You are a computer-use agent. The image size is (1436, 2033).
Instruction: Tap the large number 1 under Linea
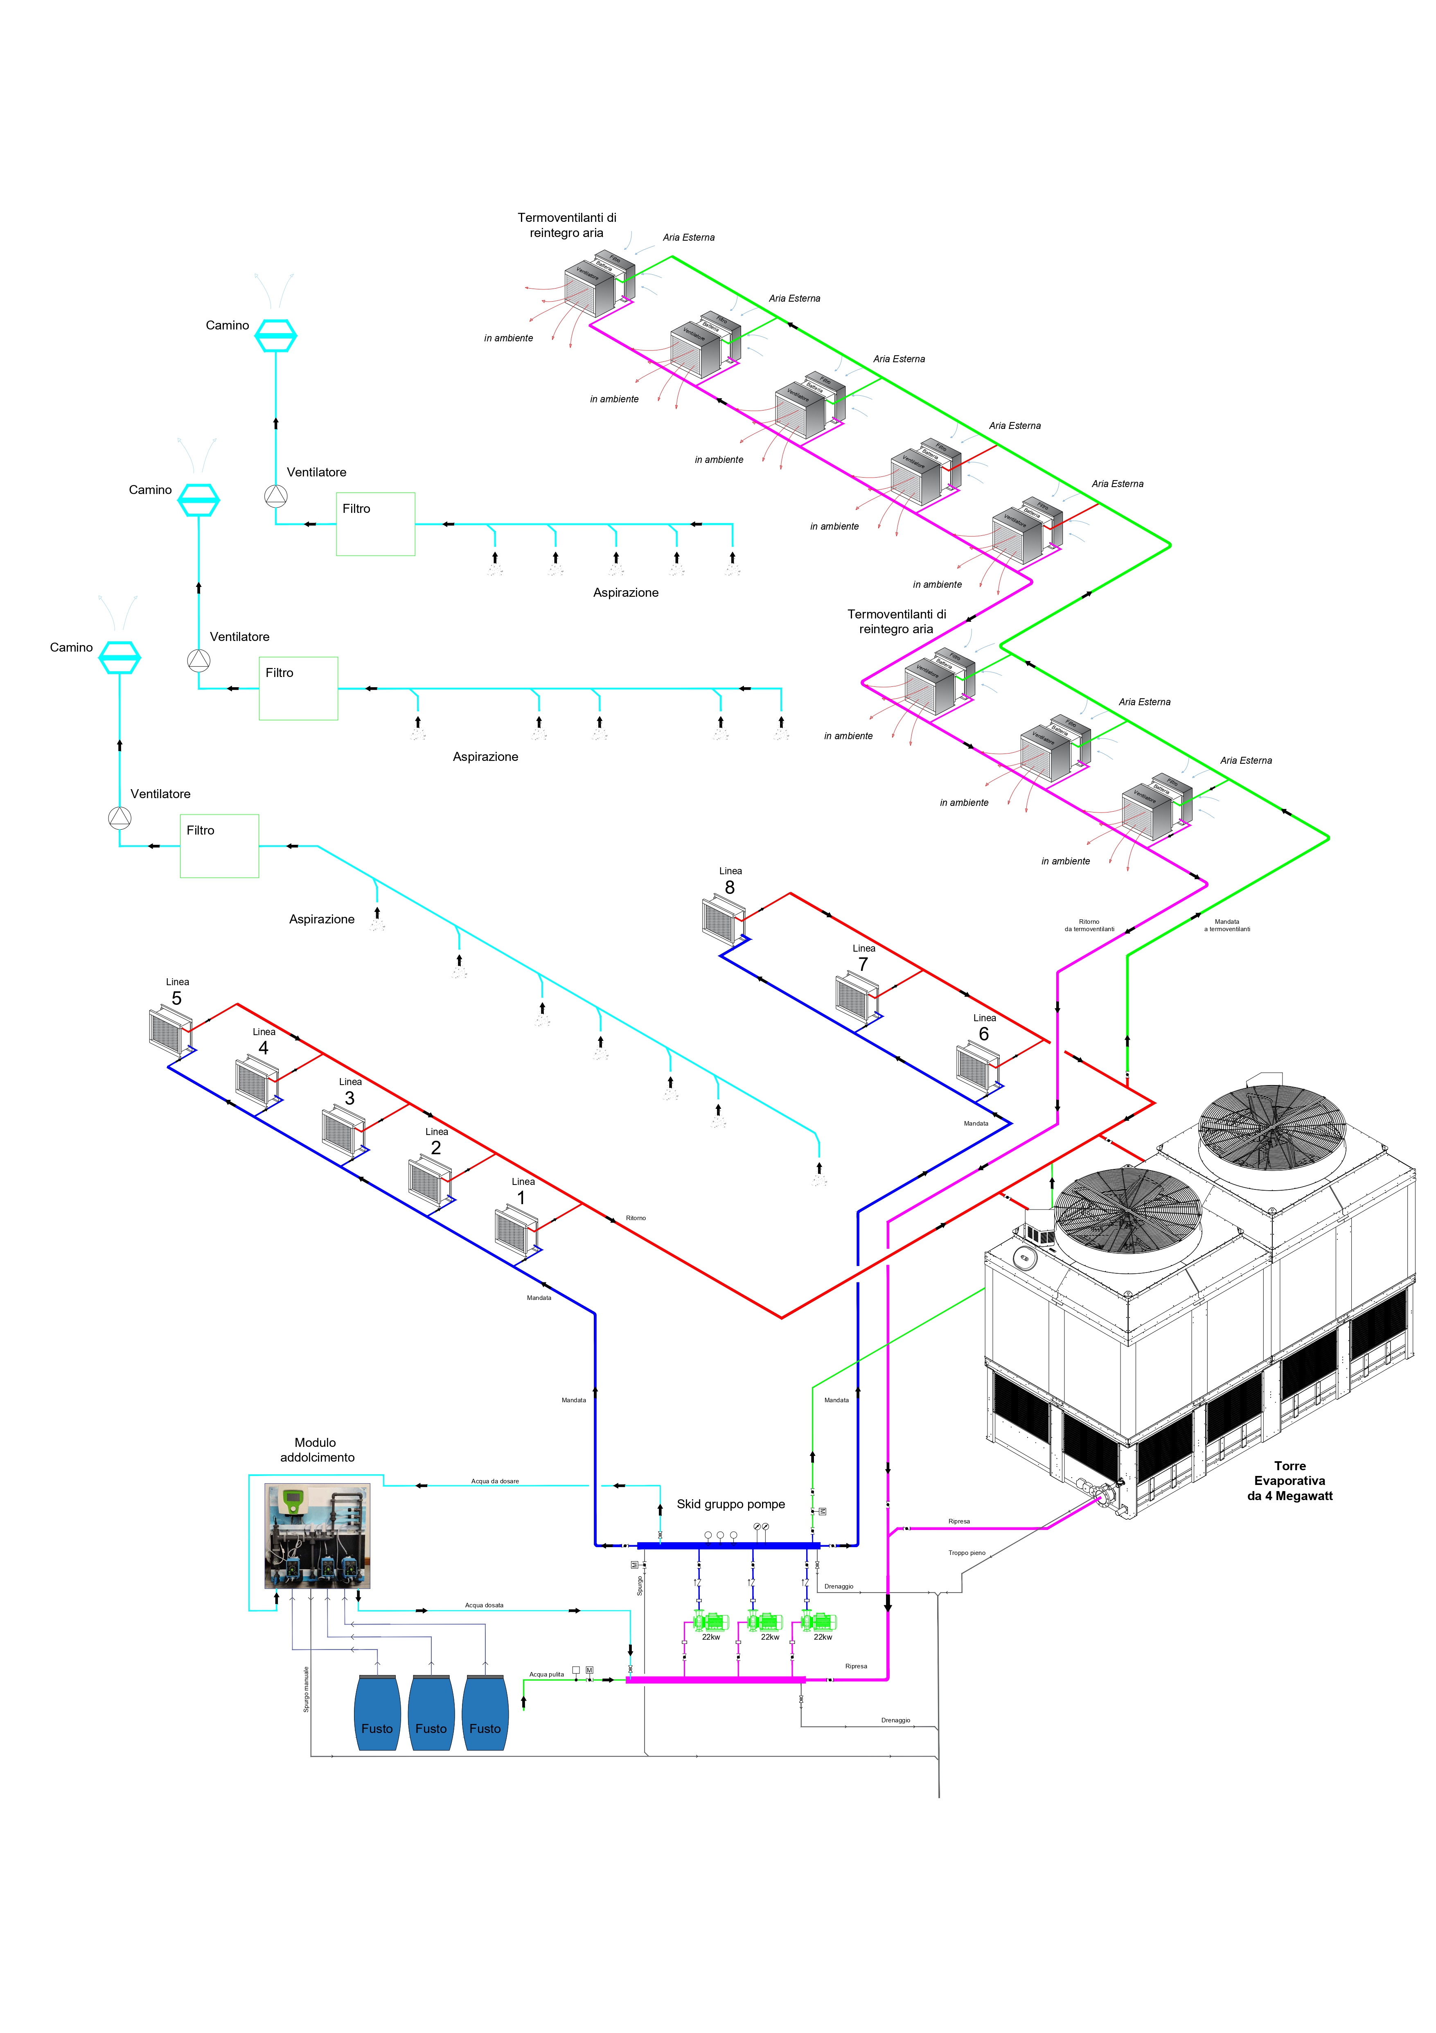[x=521, y=1198]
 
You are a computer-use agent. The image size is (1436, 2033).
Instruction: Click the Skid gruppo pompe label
[x=730, y=1504]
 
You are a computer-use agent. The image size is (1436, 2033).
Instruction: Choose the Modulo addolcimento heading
[x=316, y=1451]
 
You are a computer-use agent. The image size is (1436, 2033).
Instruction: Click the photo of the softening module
[x=317, y=1536]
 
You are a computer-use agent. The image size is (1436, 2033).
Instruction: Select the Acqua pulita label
[x=546, y=1674]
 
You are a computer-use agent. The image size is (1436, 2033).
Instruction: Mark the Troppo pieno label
[x=967, y=1553]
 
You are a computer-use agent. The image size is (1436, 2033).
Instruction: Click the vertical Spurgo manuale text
[x=307, y=1690]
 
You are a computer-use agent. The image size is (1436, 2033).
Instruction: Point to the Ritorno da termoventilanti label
[x=1089, y=925]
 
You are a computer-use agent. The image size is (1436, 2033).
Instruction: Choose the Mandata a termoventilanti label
[x=1227, y=925]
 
